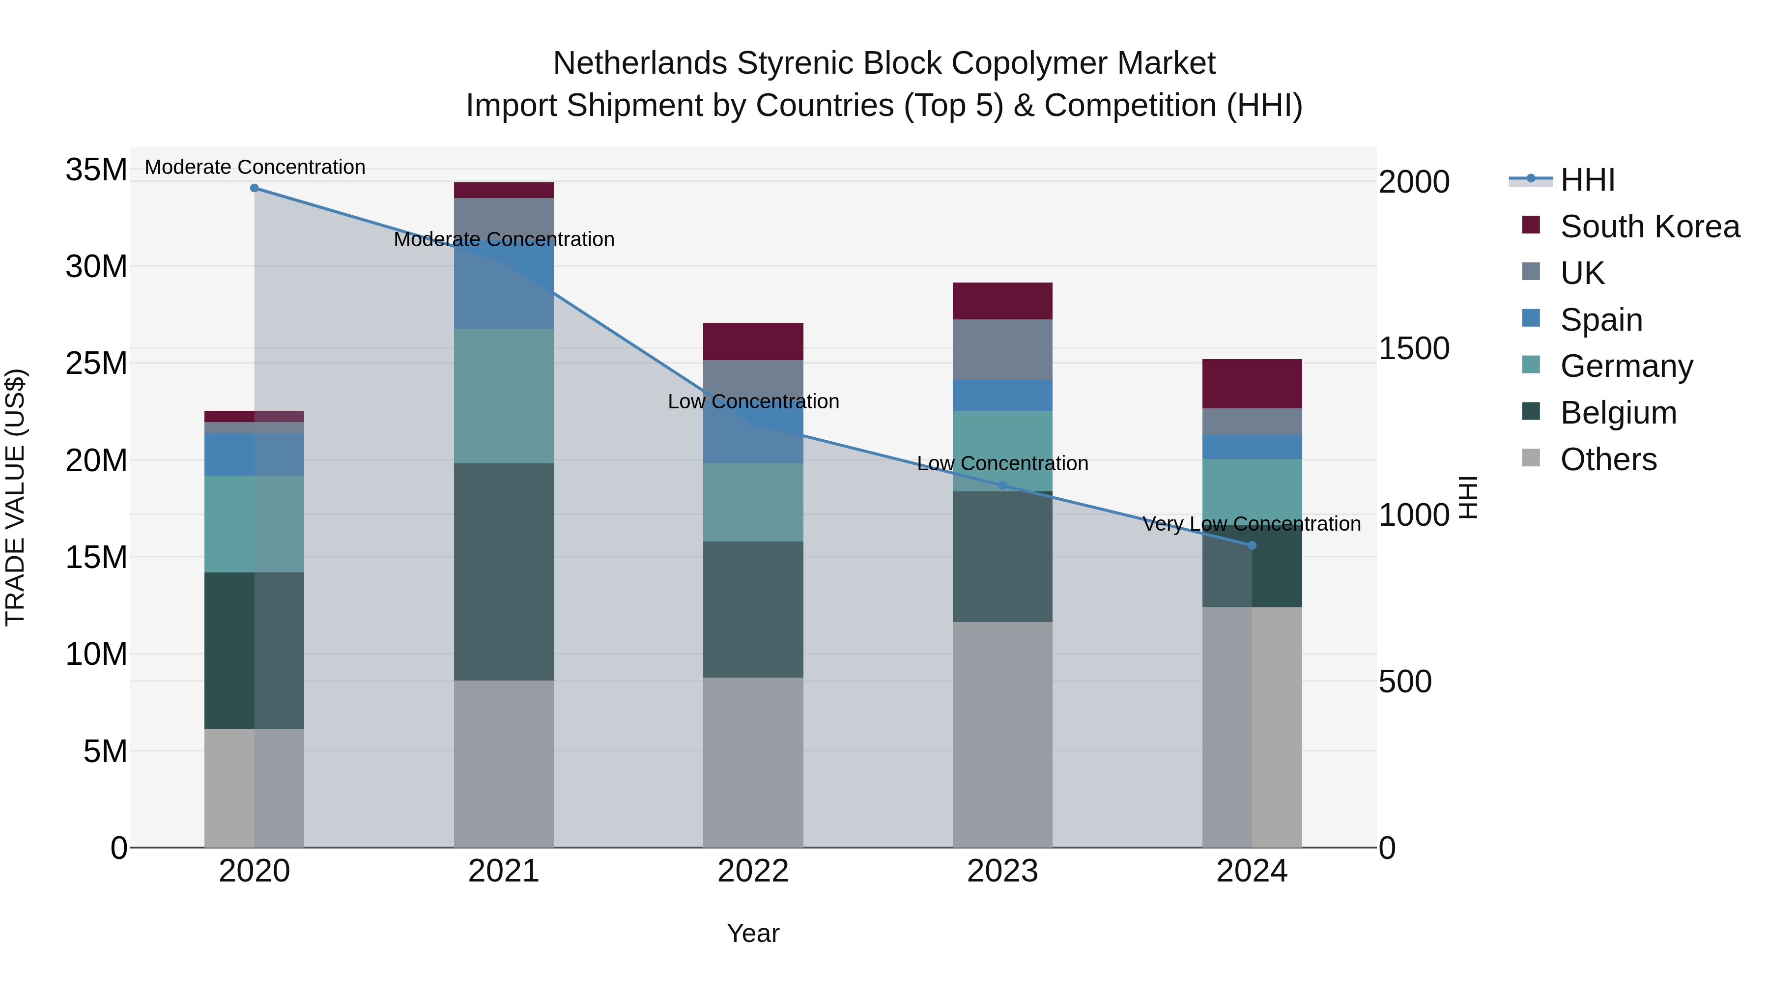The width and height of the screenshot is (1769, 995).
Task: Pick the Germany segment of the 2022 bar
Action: coord(753,502)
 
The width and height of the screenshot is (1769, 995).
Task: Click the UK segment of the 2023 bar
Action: coord(1002,349)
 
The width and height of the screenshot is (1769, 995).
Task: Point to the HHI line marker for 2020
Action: coord(254,188)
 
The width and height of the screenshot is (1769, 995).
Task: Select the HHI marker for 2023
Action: coord(1002,485)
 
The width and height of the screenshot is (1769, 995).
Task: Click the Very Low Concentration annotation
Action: coord(1251,524)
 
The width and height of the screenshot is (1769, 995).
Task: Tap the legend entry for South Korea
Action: coord(1650,227)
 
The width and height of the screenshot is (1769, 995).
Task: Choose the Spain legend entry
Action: coord(1601,320)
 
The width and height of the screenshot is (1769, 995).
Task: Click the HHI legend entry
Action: coord(1587,180)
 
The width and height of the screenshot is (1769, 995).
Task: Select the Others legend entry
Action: coord(1608,459)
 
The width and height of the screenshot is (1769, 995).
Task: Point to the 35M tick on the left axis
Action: coord(96,170)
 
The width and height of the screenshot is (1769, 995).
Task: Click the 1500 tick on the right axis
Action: coord(1413,348)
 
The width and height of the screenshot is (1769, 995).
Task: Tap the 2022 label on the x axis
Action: coord(753,871)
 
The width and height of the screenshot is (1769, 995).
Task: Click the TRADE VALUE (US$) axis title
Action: coord(15,497)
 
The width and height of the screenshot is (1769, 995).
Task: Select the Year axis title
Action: coord(753,933)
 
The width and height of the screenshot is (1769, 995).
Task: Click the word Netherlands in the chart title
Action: coord(640,63)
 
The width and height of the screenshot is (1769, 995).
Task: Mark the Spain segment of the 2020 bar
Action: coord(254,454)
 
